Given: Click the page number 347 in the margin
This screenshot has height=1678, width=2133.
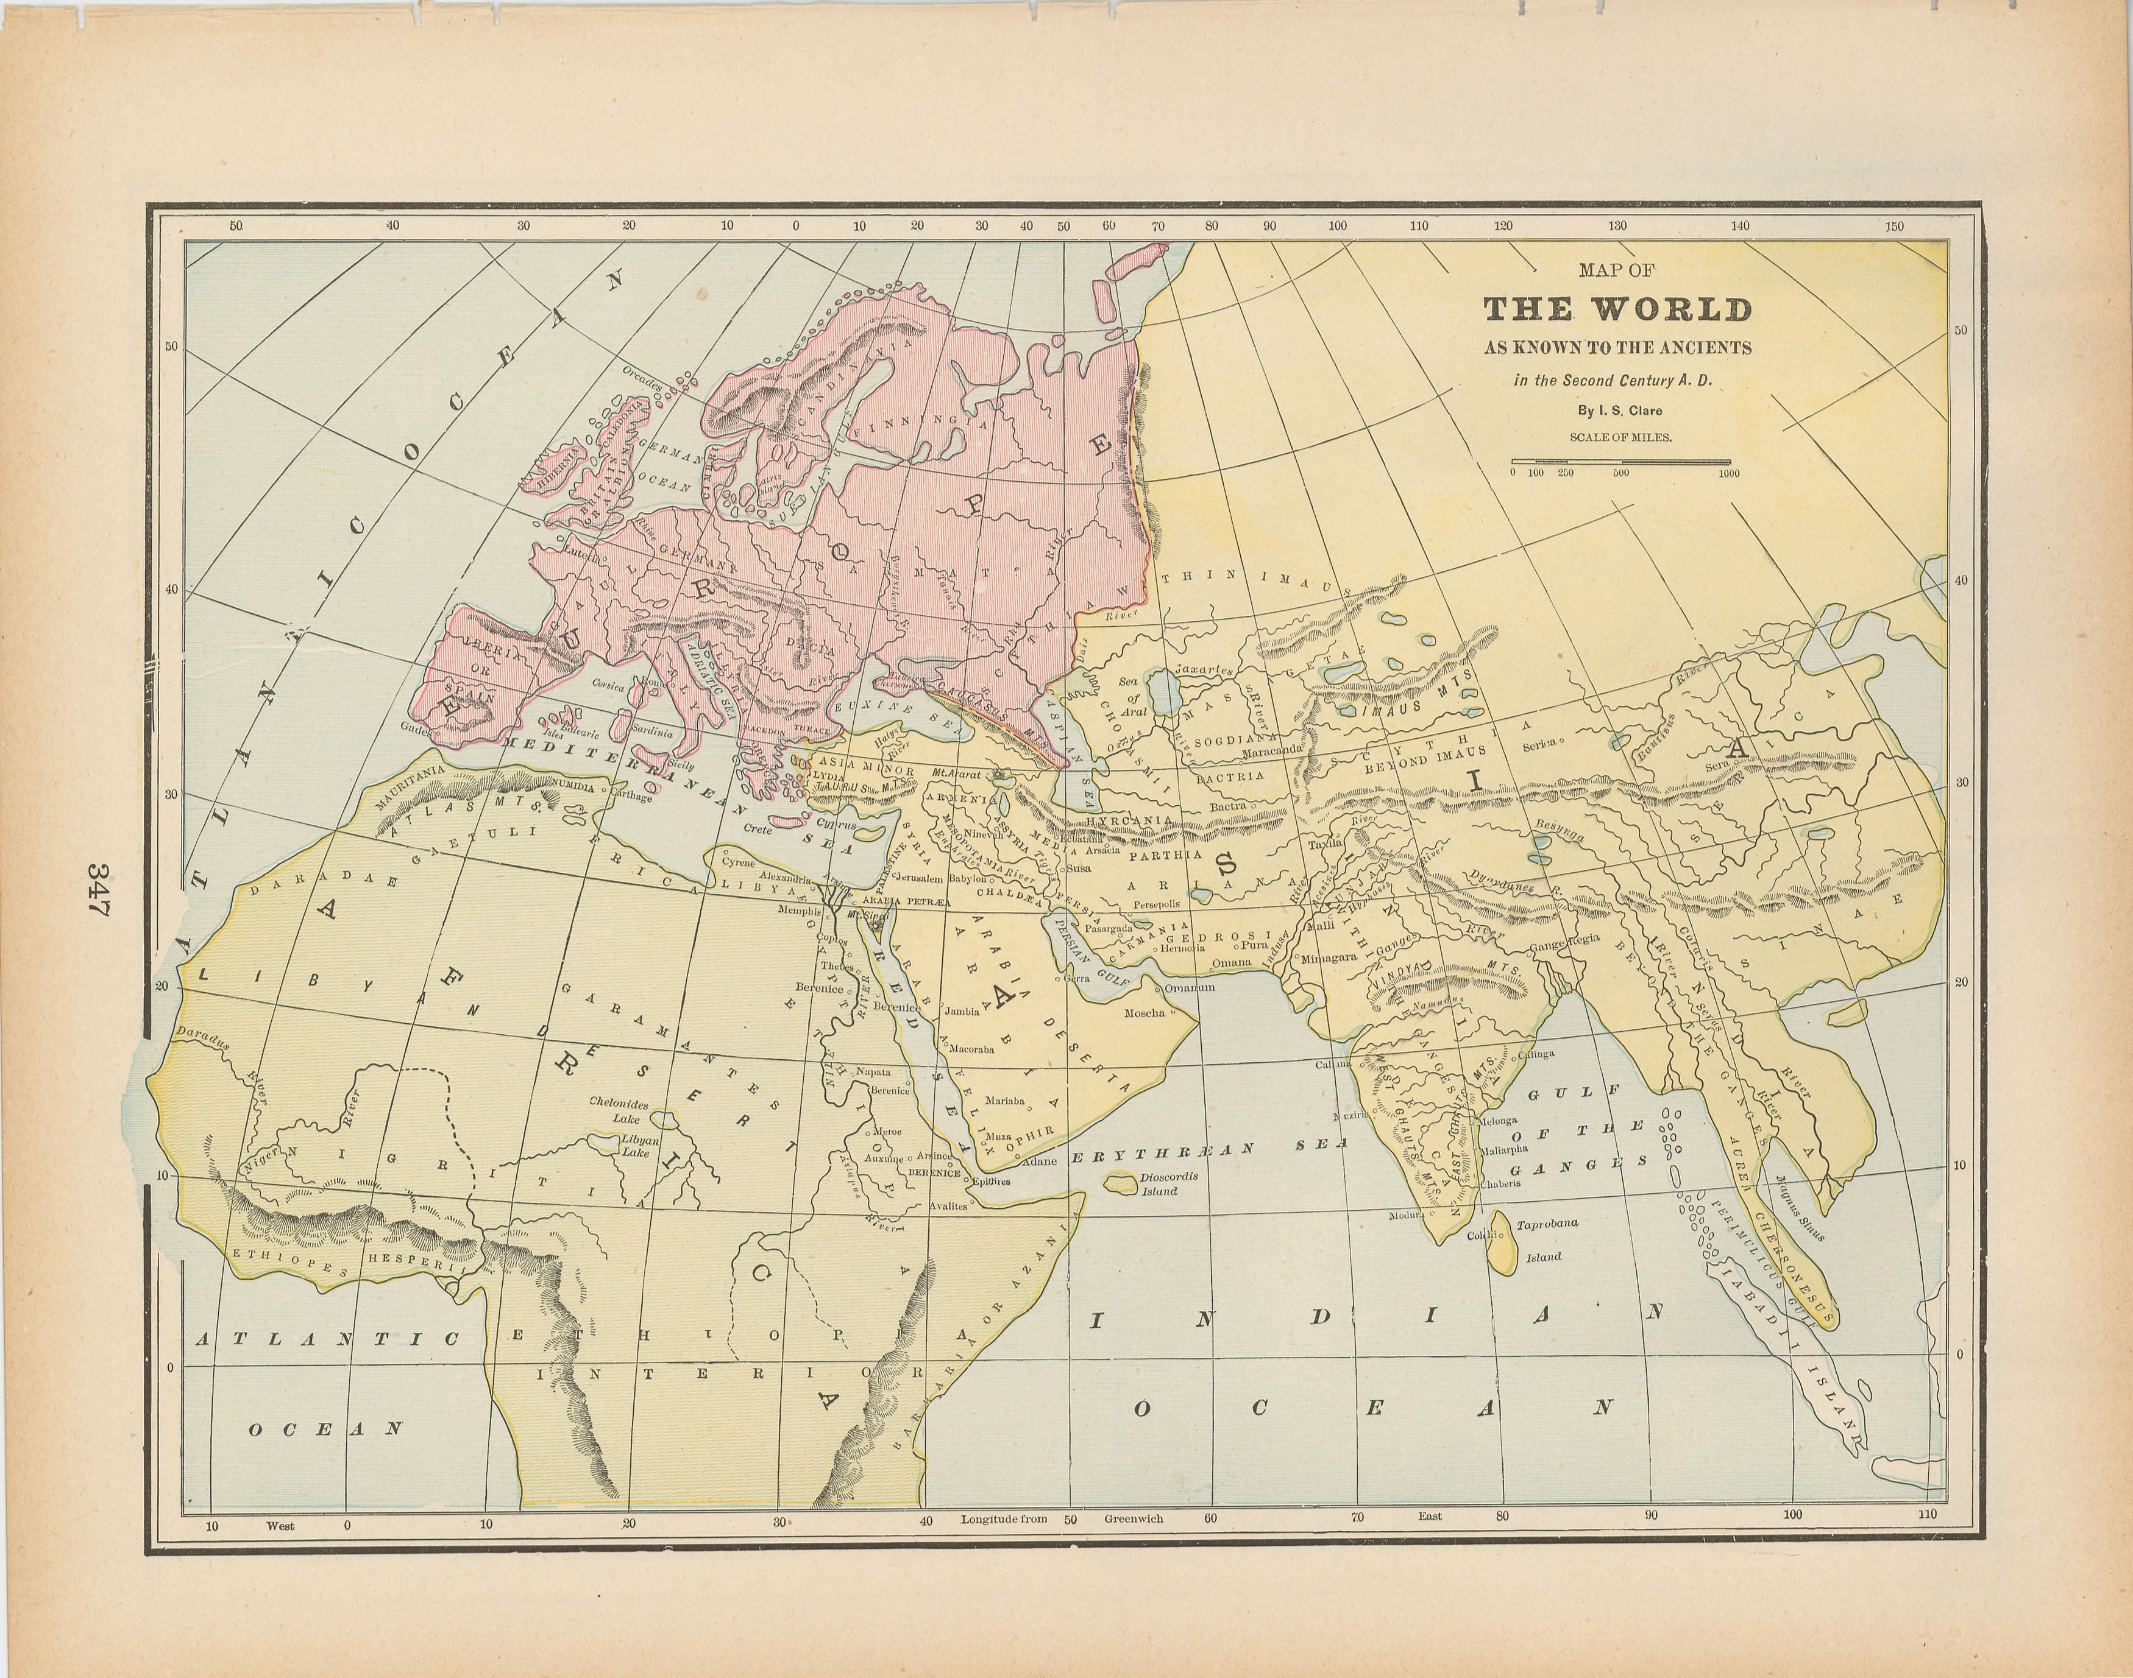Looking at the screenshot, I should pos(98,889).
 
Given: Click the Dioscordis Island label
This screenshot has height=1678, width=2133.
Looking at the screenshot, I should pos(1168,1183).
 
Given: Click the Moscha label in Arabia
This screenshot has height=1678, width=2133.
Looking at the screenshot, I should pos(1144,1013).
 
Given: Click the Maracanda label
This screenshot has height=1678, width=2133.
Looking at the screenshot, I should pos(1271,750).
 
